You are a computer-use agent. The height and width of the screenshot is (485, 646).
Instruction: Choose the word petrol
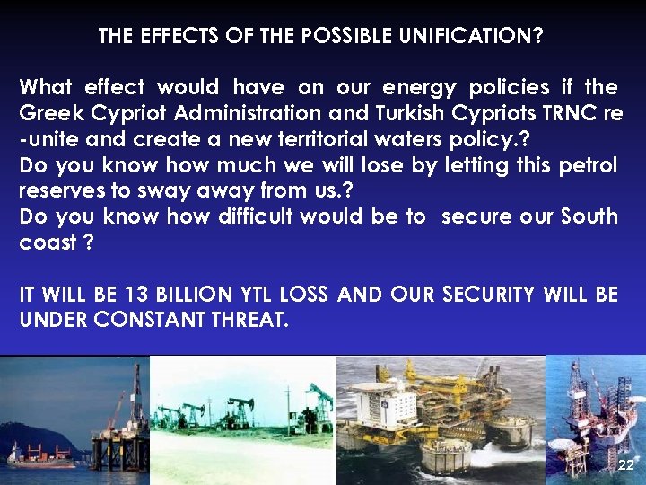[x=583, y=165]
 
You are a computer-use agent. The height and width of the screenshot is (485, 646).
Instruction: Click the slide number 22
[x=625, y=465]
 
